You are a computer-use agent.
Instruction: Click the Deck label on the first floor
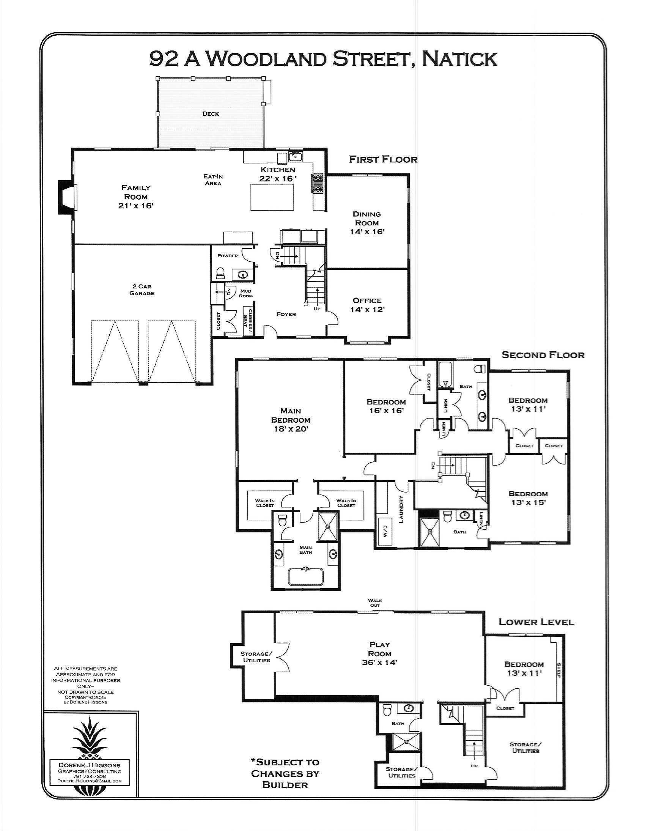click(x=211, y=114)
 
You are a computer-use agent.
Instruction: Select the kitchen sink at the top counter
click(x=295, y=156)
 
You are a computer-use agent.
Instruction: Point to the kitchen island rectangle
click(x=272, y=196)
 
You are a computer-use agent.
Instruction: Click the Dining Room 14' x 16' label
click(x=367, y=223)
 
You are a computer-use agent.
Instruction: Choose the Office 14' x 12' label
click(x=367, y=305)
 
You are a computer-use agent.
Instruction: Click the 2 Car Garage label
click(x=142, y=290)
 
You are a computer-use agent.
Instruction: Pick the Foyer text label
click(x=286, y=314)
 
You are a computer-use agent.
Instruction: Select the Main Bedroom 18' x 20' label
click(x=291, y=420)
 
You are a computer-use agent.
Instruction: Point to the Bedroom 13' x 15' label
click(x=528, y=498)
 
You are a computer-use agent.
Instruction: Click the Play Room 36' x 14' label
click(x=379, y=653)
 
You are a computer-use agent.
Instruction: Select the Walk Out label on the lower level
click(x=375, y=603)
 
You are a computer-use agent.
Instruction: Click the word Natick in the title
click(x=459, y=58)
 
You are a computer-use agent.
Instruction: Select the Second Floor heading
click(x=543, y=355)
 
